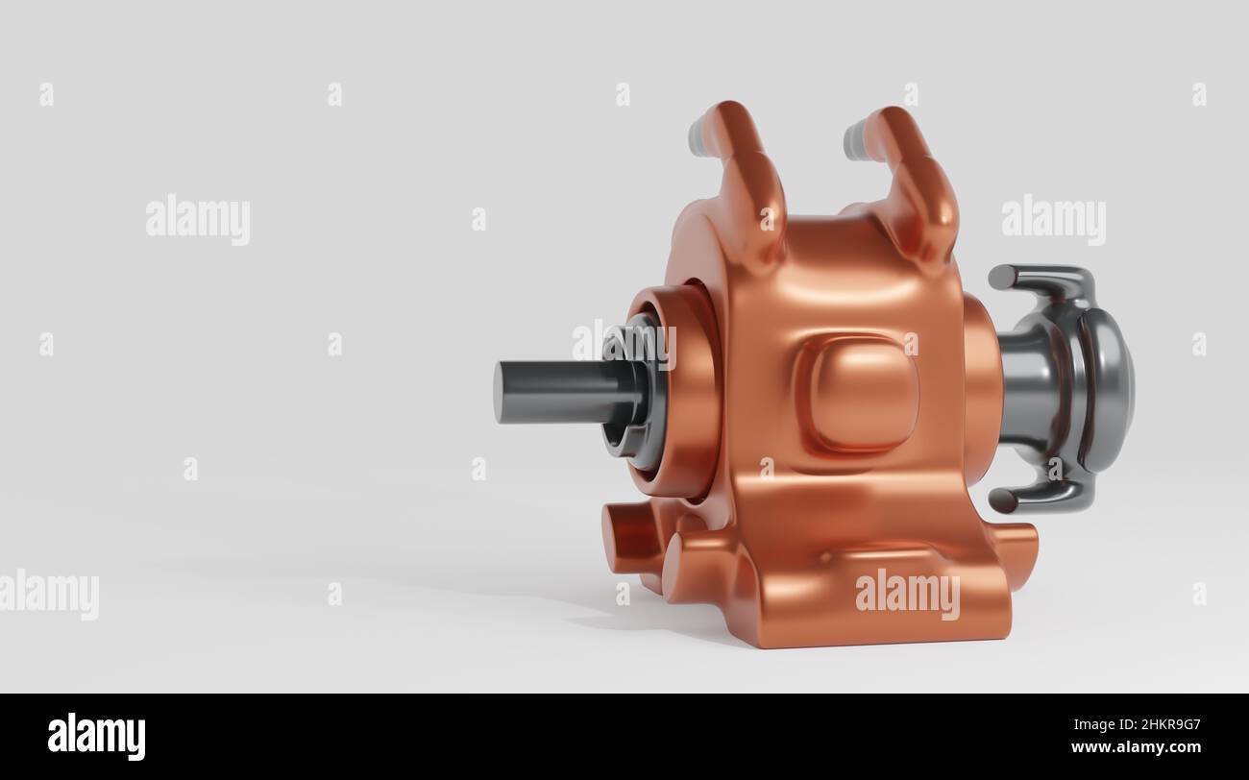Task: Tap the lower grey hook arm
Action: click(x=1042, y=495)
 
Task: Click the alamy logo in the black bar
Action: click(x=96, y=736)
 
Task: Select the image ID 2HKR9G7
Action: click(x=1153, y=725)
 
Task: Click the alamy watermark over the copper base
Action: click(x=907, y=594)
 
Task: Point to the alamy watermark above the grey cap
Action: click(x=1053, y=220)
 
